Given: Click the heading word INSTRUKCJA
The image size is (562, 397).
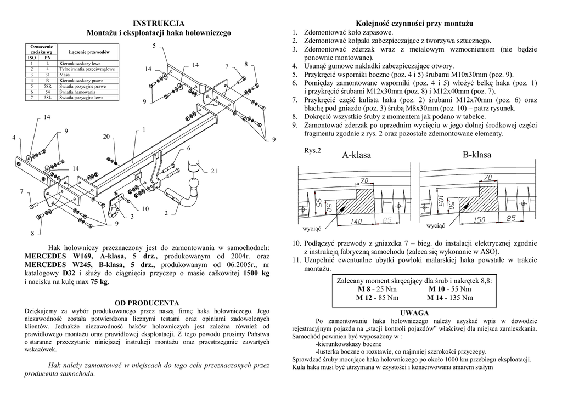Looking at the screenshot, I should point(159,23).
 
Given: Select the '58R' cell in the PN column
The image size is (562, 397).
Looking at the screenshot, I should point(47,86).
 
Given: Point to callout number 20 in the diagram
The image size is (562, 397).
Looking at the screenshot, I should point(106,136).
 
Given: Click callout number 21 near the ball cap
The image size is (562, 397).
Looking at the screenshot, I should point(215,172).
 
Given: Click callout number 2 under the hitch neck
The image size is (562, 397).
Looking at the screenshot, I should point(166,213).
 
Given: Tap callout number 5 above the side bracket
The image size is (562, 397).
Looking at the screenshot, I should point(154,45).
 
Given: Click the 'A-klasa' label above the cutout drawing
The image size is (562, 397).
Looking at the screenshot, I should point(356,155).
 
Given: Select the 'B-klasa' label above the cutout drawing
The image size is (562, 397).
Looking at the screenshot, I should point(476,155).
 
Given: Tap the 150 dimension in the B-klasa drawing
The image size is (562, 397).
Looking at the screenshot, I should point(479,220).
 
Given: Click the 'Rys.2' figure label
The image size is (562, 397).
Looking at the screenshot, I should point(312,150).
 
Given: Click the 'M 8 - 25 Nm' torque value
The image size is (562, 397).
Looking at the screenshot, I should point(378,289).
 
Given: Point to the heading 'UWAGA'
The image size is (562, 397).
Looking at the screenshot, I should point(414,312).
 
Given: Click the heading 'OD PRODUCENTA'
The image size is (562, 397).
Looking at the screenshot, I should point(147,303).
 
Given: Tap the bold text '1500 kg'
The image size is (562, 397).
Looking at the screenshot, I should point(256,273).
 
